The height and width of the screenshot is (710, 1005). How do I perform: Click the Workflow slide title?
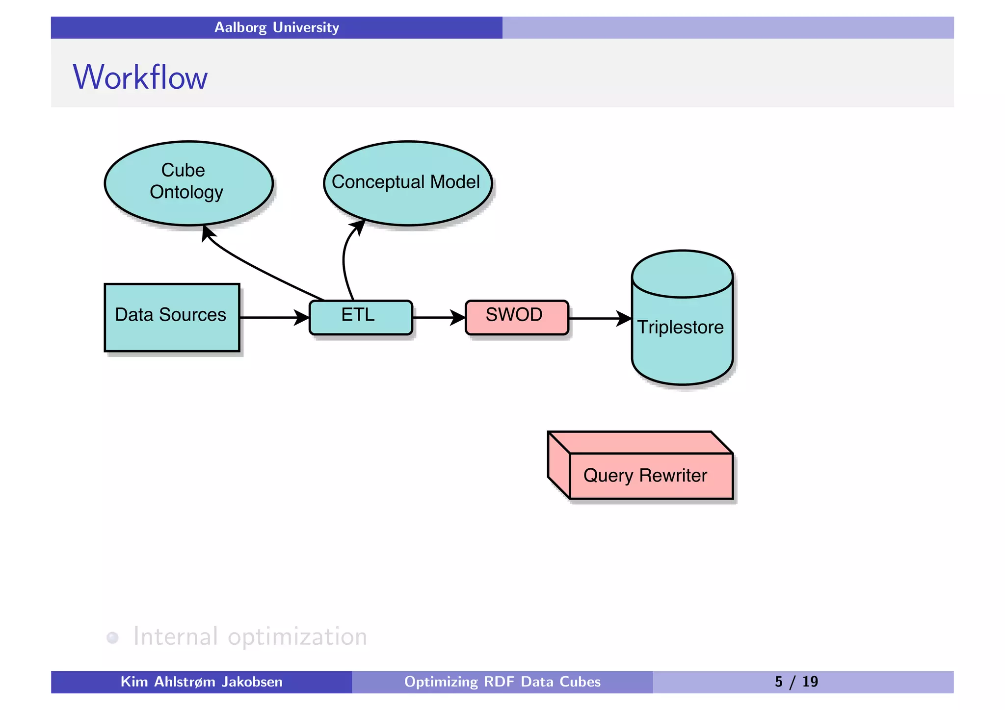pos(140,77)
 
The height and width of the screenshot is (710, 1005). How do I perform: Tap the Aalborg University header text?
pos(276,27)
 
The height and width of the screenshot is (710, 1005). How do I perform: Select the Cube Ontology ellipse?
pos(188,182)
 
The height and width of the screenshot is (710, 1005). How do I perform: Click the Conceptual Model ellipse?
pos(407,182)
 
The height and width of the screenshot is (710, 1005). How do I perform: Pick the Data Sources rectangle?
pos(171,316)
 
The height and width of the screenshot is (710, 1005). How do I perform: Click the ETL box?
pos(360,317)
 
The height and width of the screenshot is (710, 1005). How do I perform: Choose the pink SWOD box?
pos(516,317)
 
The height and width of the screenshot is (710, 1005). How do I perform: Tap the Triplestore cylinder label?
pos(680,327)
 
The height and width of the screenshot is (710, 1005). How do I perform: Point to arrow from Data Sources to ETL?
pos(273,317)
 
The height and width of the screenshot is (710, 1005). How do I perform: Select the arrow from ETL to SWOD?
pos(437,317)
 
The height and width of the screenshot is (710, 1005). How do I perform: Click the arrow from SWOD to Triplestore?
pos(598,318)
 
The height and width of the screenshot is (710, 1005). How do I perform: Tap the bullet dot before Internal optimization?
pos(112,637)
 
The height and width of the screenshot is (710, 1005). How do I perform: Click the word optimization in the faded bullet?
pos(297,636)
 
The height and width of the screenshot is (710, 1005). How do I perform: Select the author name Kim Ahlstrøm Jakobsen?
pos(201,682)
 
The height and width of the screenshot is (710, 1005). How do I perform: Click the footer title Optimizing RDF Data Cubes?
pos(502,682)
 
